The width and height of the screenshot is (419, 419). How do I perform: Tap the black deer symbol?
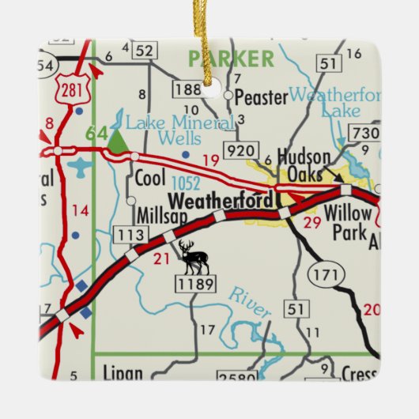coord(193,257)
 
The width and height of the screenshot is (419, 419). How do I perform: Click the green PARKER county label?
coord(230,59)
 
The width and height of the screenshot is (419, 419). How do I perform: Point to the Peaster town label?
coord(261,97)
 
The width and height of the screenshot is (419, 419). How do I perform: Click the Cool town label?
coord(150,177)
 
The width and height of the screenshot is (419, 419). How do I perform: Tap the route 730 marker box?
coord(364,134)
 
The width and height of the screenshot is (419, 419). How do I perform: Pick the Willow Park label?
coord(347,221)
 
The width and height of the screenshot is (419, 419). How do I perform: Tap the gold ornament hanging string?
coord(209,40)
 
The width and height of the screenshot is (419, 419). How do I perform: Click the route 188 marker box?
coord(187,89)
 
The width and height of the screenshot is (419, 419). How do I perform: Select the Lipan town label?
coord(123,373)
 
